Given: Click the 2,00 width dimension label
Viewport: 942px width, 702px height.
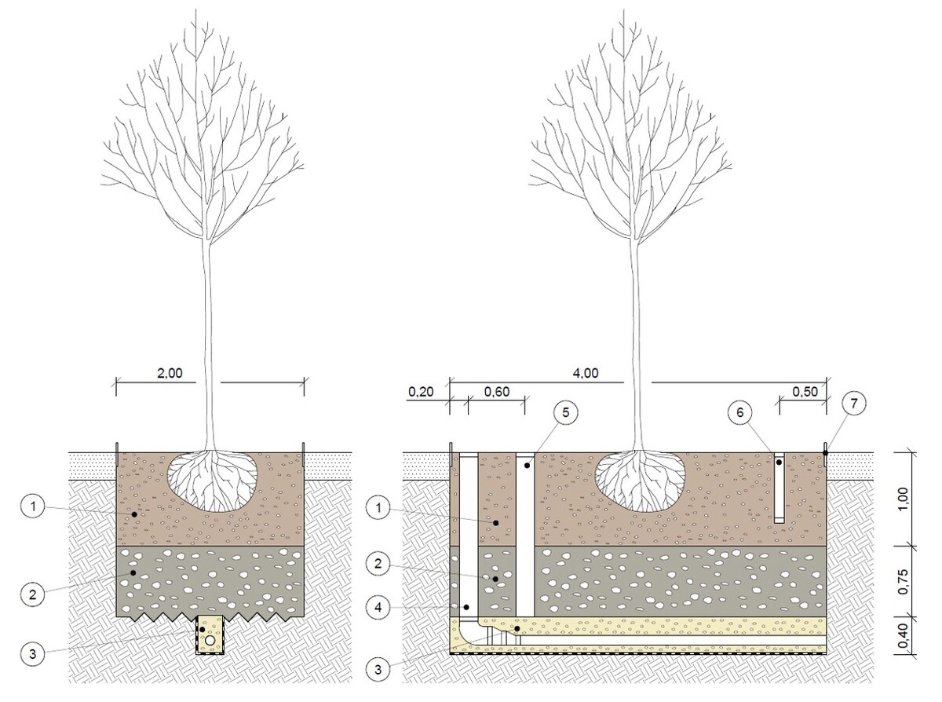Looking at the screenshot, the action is (x=170, y=373).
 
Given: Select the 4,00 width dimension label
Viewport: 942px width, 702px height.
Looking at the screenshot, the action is (x=586, y=373).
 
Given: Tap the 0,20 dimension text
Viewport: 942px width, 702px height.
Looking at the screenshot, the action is (x=421, y=392).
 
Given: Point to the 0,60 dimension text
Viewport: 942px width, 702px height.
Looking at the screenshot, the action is (x=496, y=392).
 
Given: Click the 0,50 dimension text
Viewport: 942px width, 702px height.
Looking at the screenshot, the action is (x=805, y=392).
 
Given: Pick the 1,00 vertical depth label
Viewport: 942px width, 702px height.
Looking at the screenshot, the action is (x=903, y=499).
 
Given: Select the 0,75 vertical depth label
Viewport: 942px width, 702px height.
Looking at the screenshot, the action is (x=903, y=582).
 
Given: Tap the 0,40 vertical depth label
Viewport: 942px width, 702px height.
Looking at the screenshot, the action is (x=903, y=636).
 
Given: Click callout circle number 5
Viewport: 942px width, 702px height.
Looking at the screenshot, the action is (x=565, y=412).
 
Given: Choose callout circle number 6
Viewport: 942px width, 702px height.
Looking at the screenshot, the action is (x=739, y=412).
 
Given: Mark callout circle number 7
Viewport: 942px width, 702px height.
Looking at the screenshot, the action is (x=854, y=403).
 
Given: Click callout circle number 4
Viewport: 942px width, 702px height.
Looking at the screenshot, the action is (x=378, y=608).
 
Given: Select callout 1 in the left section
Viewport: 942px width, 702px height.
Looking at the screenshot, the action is (x=33, y=507).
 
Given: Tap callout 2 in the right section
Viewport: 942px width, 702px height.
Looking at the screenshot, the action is (x=378, y=564).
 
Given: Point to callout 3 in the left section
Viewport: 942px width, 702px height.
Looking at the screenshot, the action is (x=33, y=654).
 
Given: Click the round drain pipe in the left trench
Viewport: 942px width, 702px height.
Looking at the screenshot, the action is (x=210, y=640).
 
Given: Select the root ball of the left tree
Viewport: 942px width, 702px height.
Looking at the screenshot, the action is (x=213, y=481).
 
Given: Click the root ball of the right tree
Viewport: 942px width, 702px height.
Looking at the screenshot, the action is (x=639, y=481).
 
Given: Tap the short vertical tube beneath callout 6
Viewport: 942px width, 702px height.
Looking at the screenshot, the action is (x=779, y=488).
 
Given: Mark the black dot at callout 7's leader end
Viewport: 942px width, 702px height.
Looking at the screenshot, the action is (x=825, y=453).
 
